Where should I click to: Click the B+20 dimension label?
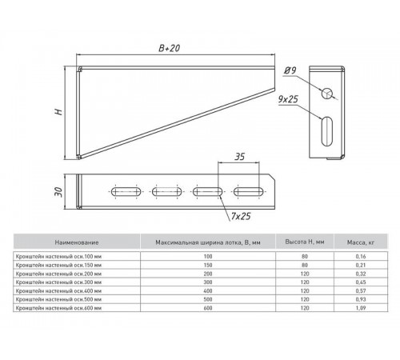[x=170, y=48]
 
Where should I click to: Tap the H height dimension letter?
[x=58, y=111]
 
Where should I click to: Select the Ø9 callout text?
[x=290, y=70]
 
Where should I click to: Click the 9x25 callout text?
[x=288, y=99]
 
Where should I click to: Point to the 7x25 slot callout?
[x=241, y=216]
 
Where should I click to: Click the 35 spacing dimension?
[x=239, y=157]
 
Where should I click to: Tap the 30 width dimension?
[x=58, y=192]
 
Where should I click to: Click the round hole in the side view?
[x=327, y=94]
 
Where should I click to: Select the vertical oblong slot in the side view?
[x=327, y=131]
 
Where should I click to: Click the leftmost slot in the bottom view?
[x=126, y=191]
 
